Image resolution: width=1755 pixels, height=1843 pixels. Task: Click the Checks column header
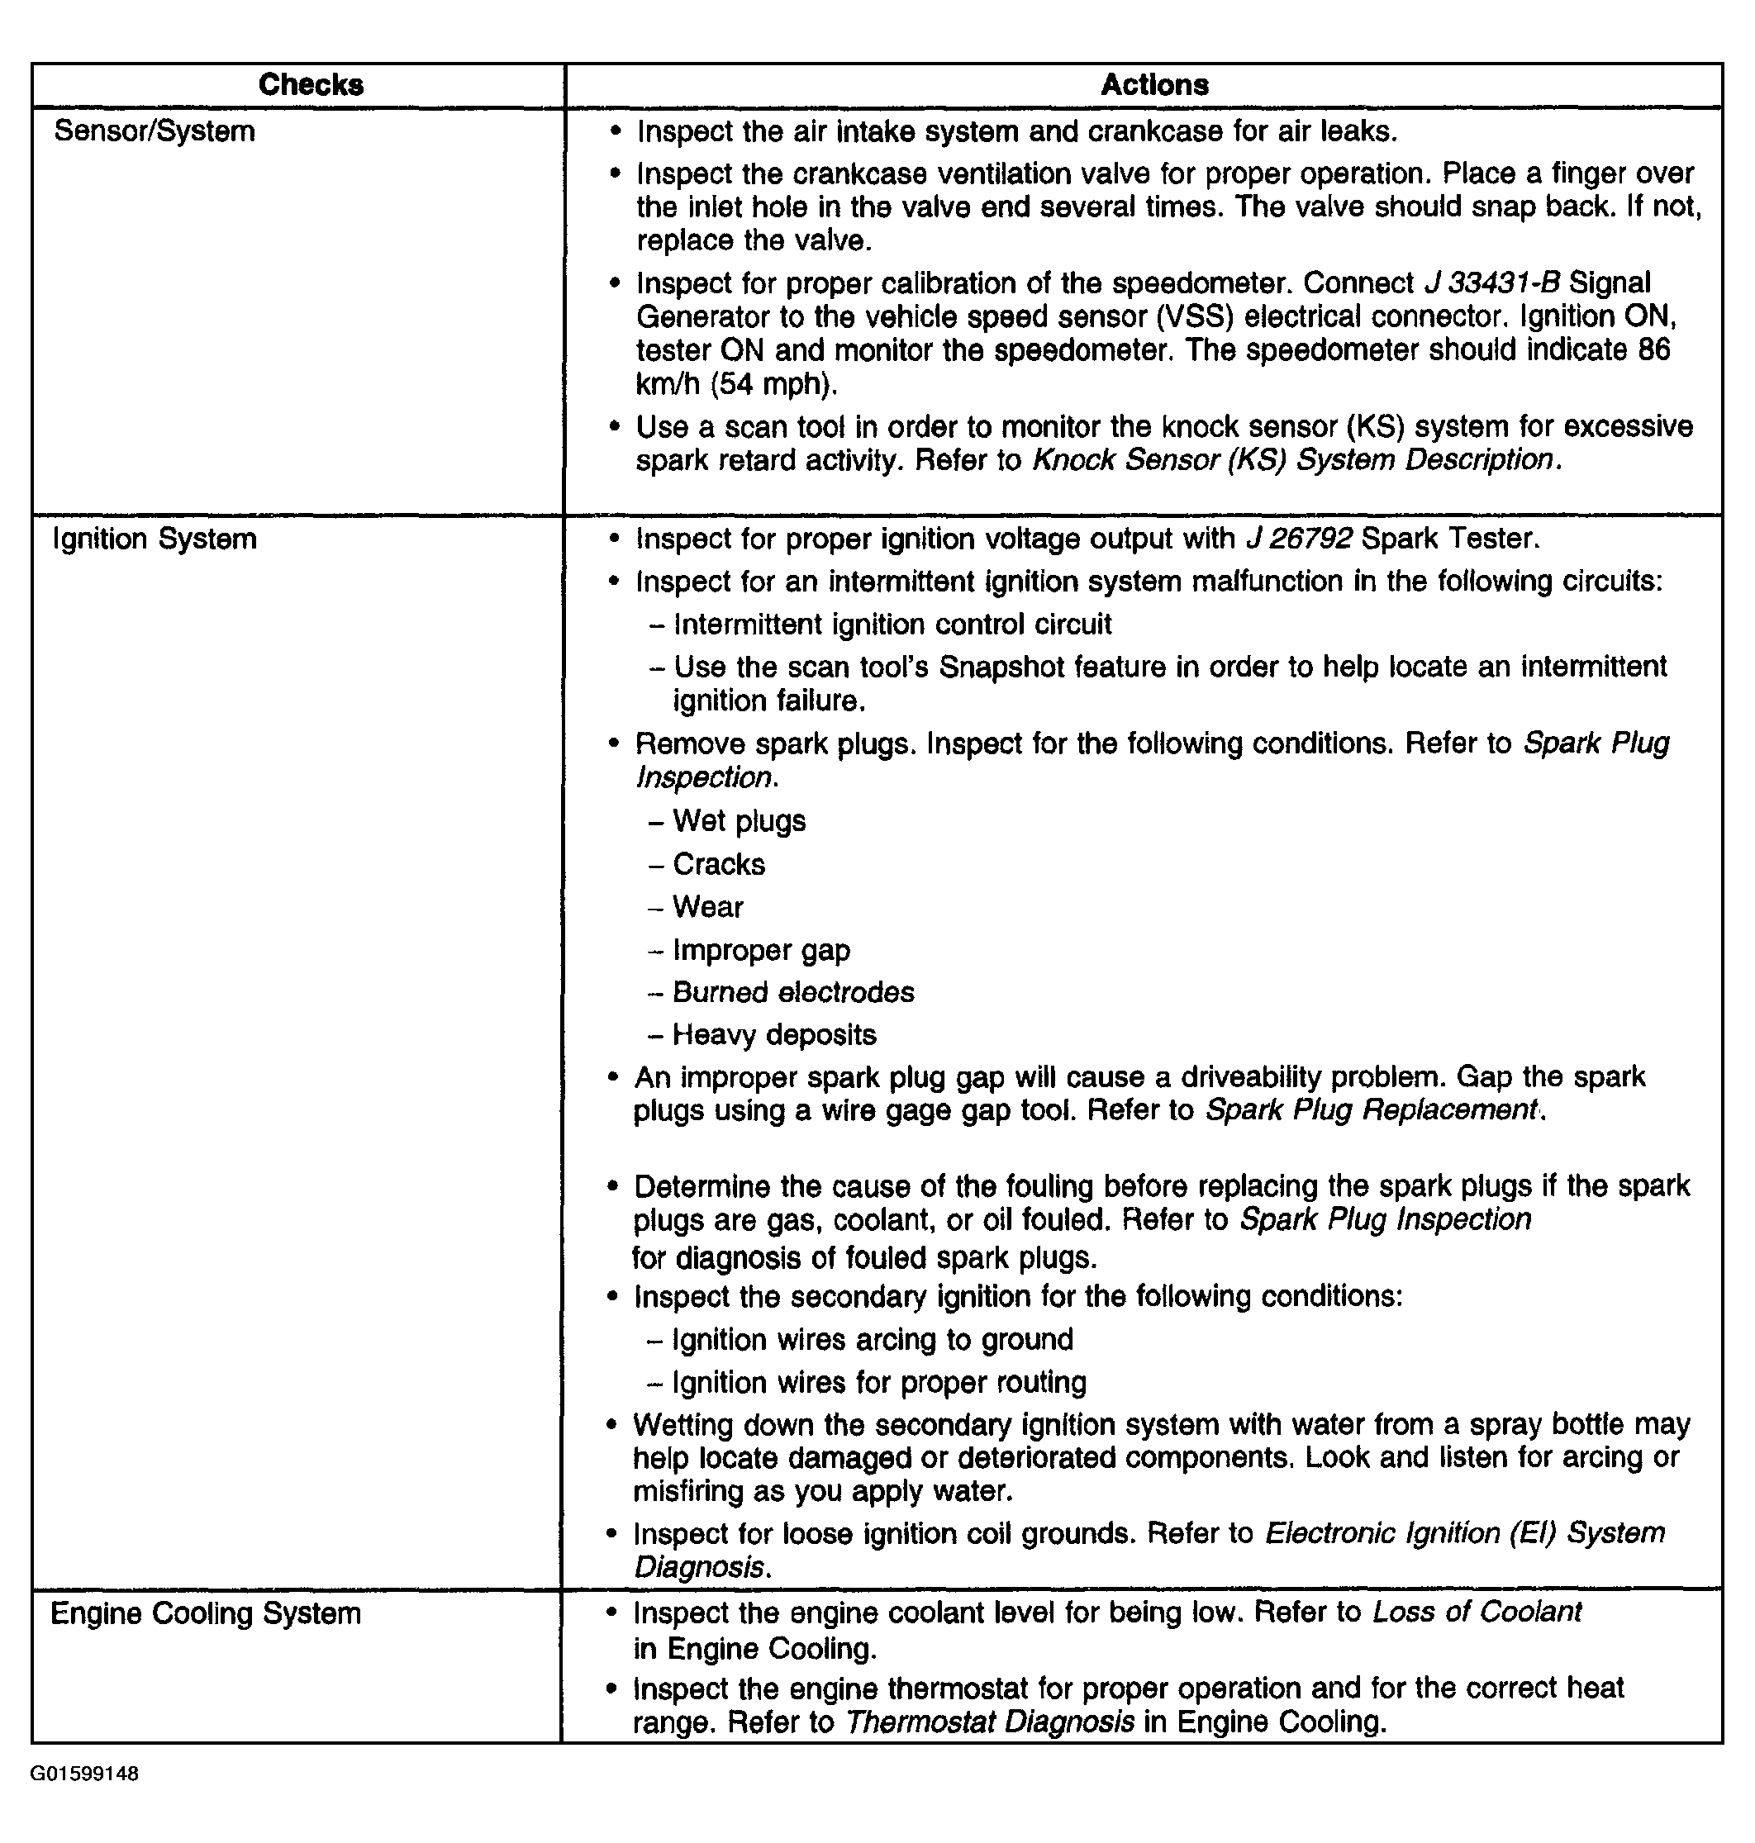[x=311, y=85]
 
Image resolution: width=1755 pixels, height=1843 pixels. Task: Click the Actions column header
[x=1154, y=85]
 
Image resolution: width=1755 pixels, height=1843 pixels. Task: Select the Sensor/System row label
[x=155, y=131]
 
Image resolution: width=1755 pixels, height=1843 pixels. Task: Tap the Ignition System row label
[x=155, y=539]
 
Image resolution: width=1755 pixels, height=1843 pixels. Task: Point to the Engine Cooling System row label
[x=206, y=1613]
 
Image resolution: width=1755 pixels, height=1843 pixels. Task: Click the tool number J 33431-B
[x=1491, y=283]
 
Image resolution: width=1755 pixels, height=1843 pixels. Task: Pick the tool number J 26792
[x=1300, y=539]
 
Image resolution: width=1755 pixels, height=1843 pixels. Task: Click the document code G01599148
[x=85, y=1773]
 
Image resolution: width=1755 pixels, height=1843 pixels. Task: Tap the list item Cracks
[x=719, y=864]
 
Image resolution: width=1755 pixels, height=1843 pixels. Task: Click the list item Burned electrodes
[x=793, y=992]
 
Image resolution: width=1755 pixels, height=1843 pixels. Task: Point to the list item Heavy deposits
[x=774, y=1035]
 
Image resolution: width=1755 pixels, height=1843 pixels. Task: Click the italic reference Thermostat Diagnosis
[x=990, y=1722]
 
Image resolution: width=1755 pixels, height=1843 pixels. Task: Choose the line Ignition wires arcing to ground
[x=872, y=1340]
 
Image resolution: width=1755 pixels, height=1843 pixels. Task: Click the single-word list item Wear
[x=707, y=907]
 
